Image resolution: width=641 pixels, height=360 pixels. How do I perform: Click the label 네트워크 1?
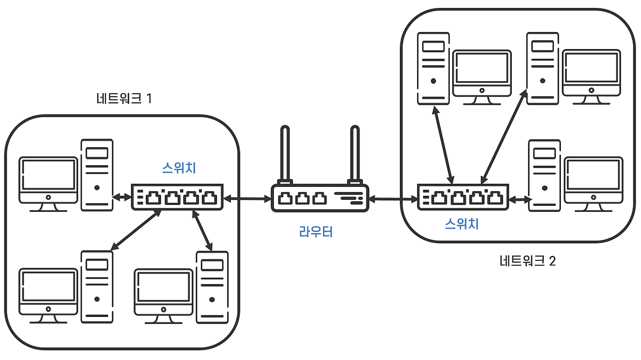pos(124,99)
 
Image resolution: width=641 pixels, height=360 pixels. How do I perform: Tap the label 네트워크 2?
pos(527,261)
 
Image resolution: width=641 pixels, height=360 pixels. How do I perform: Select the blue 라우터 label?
pos(315,232)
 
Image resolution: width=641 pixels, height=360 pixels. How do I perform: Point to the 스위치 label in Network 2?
pos(462,224)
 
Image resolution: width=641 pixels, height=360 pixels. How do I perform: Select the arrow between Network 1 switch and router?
pos(247,199)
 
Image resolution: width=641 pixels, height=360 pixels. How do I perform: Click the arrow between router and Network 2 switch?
pos(394,200)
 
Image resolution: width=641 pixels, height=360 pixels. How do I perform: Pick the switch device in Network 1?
pos(177,197)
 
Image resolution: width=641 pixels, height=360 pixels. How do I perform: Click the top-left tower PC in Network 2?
pos(433,68)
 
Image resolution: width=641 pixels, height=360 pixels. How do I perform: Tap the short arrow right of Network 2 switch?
pos(521,199)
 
